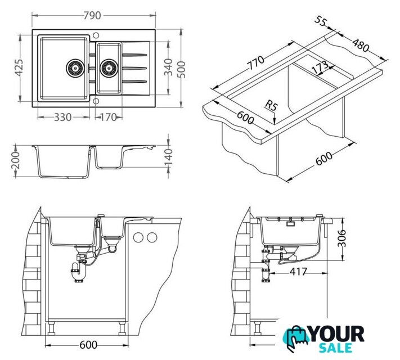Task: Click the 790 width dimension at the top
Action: [92, 16]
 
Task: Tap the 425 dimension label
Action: [19, 68]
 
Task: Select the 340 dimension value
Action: [168, 67]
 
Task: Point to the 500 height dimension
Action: [181, 70]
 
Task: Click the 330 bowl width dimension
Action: [62, 118]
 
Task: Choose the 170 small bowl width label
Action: [108, 118]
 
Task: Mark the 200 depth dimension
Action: [16, 160]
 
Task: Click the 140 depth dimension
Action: [168, 157]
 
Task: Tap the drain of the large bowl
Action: [75, 68]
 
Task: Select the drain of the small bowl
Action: [109, 68]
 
